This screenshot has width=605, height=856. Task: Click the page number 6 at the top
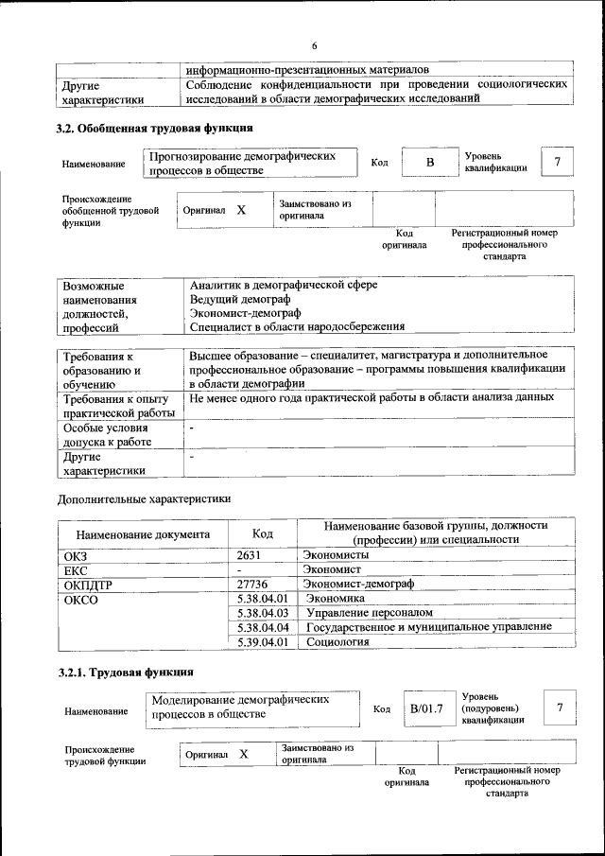click(x=315, y=46)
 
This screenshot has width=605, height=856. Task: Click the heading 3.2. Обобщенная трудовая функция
click(x=154, y=127)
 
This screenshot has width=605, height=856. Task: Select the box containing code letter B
click(x=428, y=163)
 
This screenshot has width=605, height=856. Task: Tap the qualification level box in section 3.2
click(x=558, y=163)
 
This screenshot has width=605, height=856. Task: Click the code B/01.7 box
click(x=426, y=708)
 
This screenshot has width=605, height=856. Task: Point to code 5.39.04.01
click(x=263, y=642)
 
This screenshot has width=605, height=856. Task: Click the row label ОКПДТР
click(x=88, y=585)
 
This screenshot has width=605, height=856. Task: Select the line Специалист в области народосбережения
click(x=297, y=326)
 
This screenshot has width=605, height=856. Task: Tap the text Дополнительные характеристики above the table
click(x=144, y=498)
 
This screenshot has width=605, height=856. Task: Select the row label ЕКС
click(x=76, y=570)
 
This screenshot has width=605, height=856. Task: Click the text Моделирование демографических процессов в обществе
click(x=240, y=707)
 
